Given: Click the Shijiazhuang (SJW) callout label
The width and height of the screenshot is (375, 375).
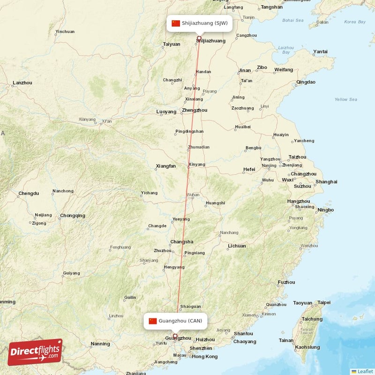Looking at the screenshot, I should (x=204, y=23).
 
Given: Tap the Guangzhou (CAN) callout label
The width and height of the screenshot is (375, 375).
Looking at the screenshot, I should (x=180, y=321).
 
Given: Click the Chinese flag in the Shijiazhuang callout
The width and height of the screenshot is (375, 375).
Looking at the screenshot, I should (x=176, y=23).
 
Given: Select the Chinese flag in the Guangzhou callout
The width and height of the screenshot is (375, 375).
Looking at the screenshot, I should (x=153, y=321).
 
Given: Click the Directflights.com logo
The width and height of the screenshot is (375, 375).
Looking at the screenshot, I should (x=35, y=352).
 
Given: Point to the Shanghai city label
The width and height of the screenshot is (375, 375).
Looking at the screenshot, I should (x=326, y=182).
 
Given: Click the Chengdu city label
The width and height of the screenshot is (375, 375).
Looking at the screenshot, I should (x=29, y=194).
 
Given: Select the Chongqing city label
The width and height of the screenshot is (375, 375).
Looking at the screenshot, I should (x=73, y=216).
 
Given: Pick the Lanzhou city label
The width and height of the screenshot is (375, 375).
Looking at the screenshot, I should (x=22, y=83).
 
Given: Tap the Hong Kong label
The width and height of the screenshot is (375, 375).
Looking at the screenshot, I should (x=204, y=357).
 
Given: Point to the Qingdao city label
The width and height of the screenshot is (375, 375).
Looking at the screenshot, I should (x=306, y=82).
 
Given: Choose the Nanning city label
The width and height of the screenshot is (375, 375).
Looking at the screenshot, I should (x=100, y=344).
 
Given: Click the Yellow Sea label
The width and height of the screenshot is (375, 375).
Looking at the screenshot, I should (x=345, y=99).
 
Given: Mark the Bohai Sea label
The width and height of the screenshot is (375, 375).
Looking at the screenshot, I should (x=293, y=20).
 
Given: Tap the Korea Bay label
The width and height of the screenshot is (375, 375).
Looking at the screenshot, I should (x=354, y=22).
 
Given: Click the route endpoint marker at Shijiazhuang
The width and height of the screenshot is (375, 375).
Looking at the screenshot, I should (x=199, y=38).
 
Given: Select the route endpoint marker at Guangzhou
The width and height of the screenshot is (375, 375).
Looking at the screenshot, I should (x=175, y=336).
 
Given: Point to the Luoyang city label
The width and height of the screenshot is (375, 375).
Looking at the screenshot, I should (x=166, y=112).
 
